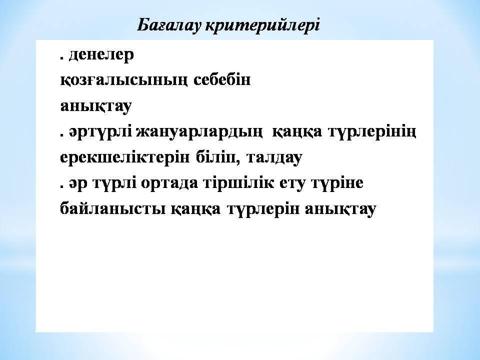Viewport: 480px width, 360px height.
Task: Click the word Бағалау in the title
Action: click(x=168, y=25)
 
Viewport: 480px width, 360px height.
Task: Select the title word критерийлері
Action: click(x=262, y=25)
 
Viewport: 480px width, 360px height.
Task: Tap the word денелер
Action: click(x=101, y=55)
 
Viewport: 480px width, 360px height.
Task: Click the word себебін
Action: click(x=222, y=80)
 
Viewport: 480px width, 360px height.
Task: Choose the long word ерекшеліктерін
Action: click(x=125, y=158)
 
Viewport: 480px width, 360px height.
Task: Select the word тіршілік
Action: click(x=239, y=183)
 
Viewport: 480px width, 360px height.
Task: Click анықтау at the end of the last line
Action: click(x=340, y=209)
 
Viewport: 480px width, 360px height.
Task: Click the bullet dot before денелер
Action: click(x=62, y=58)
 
